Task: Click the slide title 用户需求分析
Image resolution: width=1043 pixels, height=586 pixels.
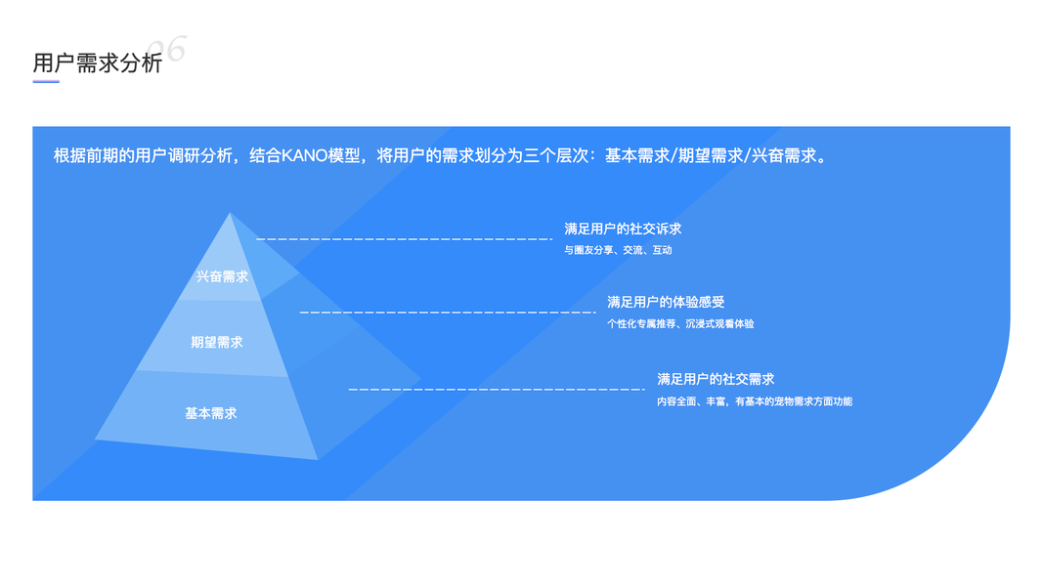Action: point(98,63)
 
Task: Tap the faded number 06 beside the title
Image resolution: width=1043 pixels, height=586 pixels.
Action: point(167,49)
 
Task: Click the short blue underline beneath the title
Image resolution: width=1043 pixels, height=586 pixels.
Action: point(46,82)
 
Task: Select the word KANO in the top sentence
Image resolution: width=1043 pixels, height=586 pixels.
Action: point(305,155)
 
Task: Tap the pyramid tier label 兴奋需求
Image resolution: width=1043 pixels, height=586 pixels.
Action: point(222,276)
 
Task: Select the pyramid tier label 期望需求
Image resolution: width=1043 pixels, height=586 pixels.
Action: point(217,342)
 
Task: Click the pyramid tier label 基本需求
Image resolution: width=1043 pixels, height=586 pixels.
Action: point(211,413)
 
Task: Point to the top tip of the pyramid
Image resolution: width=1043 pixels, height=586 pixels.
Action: point(230,214)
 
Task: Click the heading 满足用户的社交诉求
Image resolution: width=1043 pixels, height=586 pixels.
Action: point(623,229)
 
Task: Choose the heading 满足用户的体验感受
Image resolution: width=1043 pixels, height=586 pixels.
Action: point(666,302)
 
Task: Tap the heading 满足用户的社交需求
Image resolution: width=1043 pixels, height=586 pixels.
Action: point(716,379)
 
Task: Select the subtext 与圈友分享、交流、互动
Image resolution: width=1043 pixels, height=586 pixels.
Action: point(618,250)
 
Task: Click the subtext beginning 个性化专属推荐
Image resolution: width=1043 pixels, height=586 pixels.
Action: point(680,323)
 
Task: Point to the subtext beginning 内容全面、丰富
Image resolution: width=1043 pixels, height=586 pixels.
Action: point(755,401)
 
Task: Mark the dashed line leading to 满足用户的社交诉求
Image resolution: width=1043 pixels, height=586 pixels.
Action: point(404,238)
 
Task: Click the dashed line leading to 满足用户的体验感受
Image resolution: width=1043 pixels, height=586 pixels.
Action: point(448,312)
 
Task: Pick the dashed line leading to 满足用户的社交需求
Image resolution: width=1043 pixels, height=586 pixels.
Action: point(496,389)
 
